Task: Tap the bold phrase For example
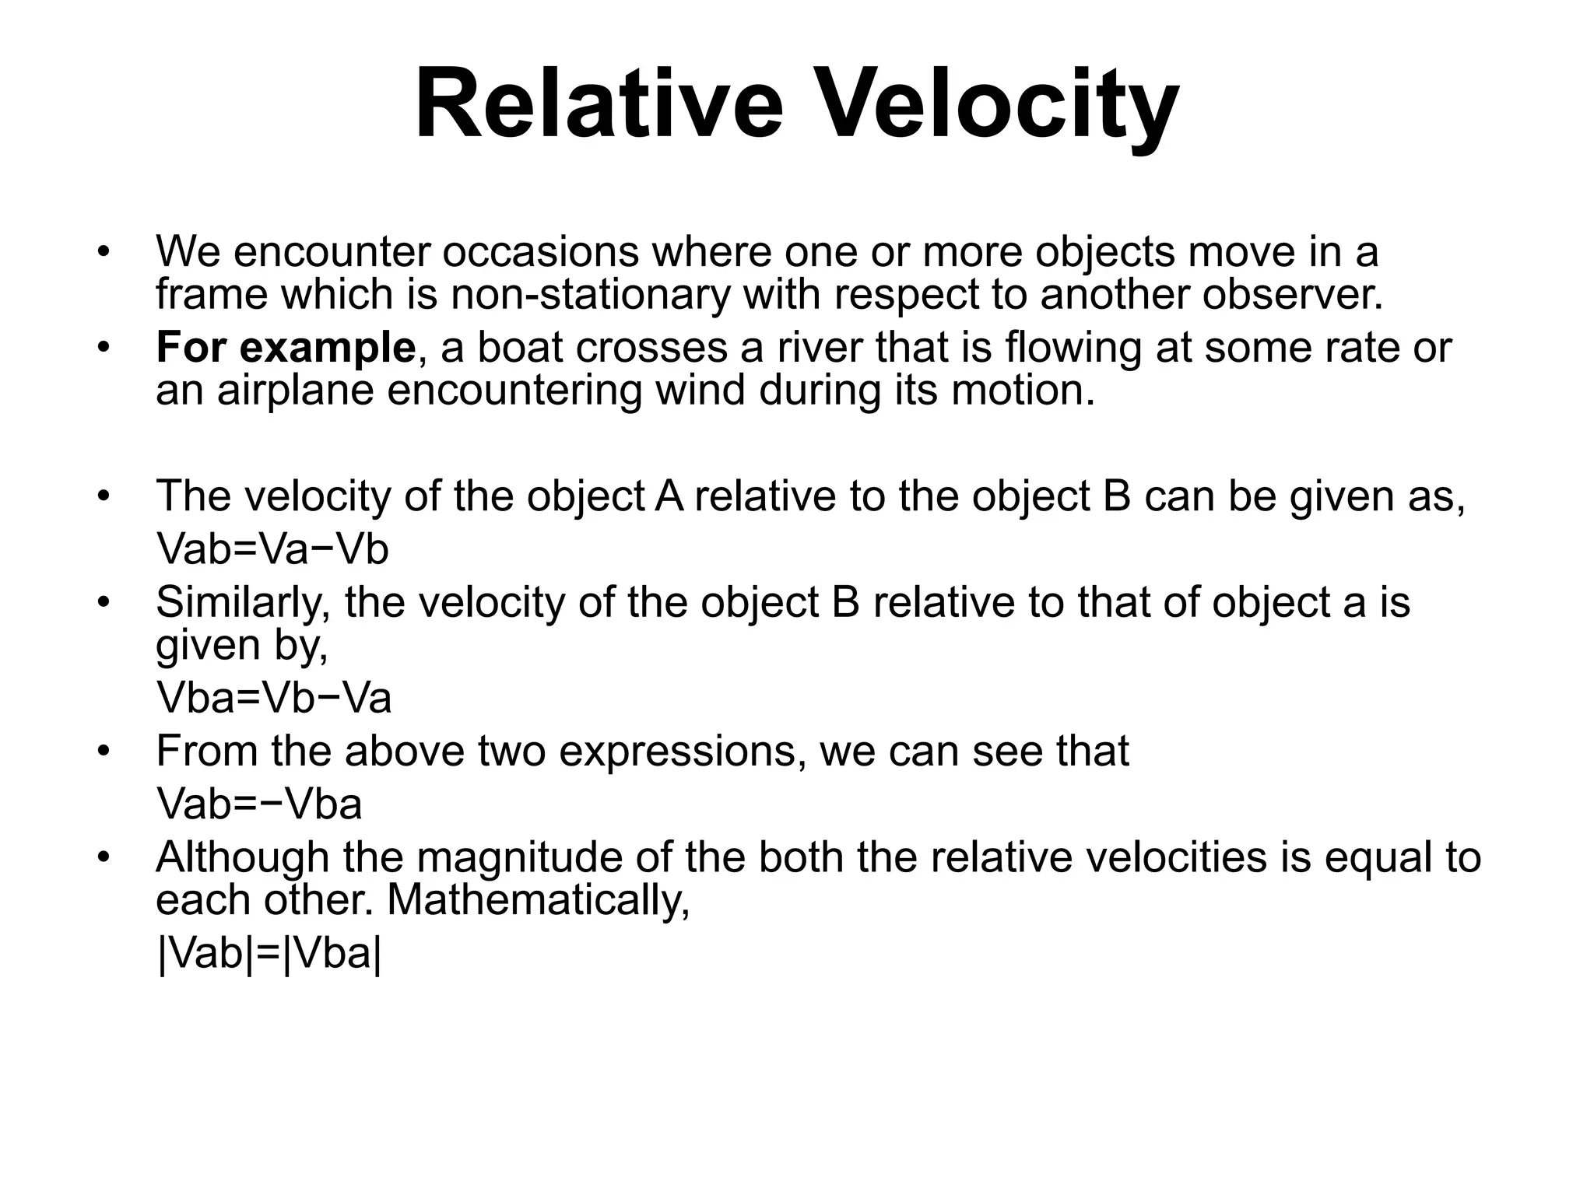[286, 347]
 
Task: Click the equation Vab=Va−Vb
[272, 549]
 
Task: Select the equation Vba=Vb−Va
[274, 697]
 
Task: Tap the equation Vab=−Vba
[259, 804]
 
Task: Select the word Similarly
[243, 602]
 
